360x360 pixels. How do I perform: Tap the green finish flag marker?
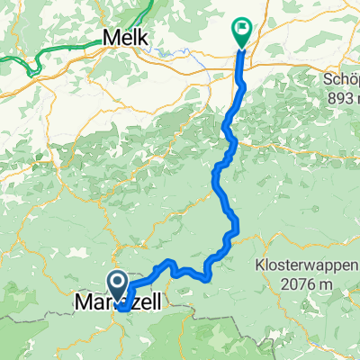(x=241, y=31)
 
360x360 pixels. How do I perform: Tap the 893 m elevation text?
(x=341, y=97)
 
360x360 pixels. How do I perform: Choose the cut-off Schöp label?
(x=342, y=79)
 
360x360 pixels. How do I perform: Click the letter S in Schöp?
(x=327, y=79)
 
